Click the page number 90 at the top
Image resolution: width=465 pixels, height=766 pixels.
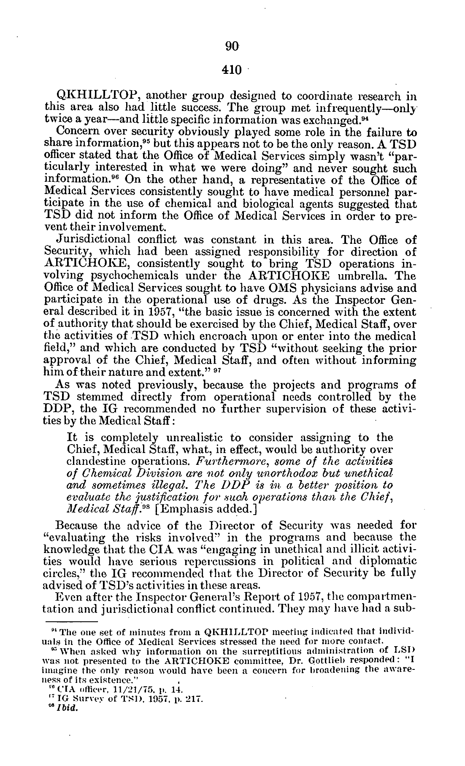pyautogui.click(x=232, y=47)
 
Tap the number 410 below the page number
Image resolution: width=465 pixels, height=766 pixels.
pyautogui.click(x=232, y=69)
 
